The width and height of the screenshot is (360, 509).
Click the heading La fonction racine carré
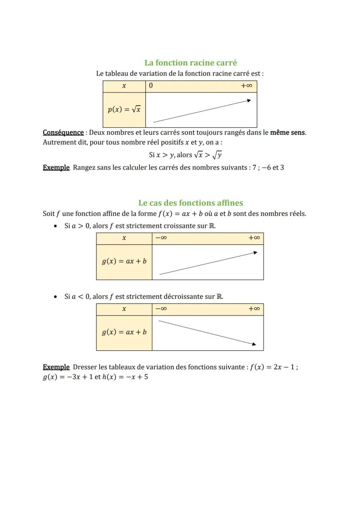(x=190, y=63)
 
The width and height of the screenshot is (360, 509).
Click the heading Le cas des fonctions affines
(x=190, y=203)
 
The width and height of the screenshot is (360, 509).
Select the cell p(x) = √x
(x=124, y=110)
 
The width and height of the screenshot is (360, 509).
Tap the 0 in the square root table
(x=151, y=86)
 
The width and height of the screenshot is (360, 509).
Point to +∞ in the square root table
(x=247, y=86)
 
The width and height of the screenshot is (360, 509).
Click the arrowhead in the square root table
(x=249, y=100)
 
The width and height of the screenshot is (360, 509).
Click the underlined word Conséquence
(x=63, y=132)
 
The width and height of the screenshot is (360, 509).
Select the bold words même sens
(x=287, y=132)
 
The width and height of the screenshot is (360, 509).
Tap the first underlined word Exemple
(x=56, y=167)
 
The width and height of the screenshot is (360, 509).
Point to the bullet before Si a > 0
(x=55, y=226)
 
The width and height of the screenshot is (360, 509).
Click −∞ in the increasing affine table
(x=161, y=238)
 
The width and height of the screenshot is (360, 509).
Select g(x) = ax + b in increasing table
(x=124, y=261)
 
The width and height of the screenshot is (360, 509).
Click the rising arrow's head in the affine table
(x=255, y=252)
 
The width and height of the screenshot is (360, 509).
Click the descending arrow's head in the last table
(x=254, y=344)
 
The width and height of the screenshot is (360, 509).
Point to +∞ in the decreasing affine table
(x=254, y=309)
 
